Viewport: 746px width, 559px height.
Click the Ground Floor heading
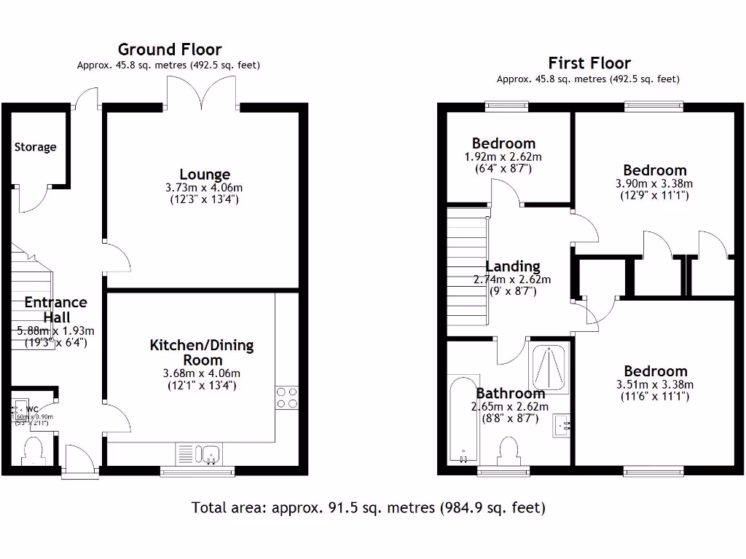coord(169,49)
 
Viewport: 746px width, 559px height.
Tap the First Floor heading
coord(589,63)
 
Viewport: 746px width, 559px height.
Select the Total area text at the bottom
coord(368,507)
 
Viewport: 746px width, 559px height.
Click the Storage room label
coord(35,147)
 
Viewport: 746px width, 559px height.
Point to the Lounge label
coord(205,175)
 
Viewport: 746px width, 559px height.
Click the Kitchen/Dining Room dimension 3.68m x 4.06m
coord(202,374)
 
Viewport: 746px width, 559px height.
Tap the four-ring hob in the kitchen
coord(287,397)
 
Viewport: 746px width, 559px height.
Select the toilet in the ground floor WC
coord(34,449)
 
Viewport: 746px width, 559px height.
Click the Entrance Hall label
coord(55,310)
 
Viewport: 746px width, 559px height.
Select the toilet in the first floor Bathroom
coord(509,450)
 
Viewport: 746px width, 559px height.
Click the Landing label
coord(513,266)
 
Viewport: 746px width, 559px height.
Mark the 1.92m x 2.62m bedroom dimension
coord(503,157)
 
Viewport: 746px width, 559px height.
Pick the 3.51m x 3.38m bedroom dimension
coord(654,385)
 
